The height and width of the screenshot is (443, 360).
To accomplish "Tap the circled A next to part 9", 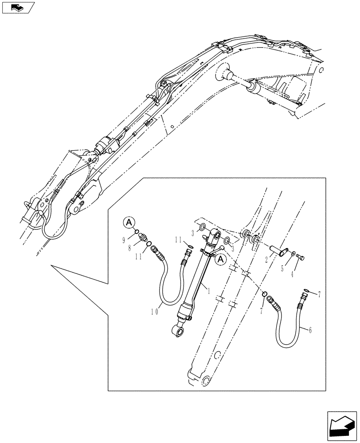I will pyautogui.click(x=128, y=222).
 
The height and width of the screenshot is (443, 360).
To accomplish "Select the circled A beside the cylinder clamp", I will pyautogui.click(x=220, y=260).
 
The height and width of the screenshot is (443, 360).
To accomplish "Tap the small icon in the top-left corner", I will pyautogui.click(x=18, y=7).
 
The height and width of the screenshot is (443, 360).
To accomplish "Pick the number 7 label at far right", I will pyautogui.click(x=318, y=295).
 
